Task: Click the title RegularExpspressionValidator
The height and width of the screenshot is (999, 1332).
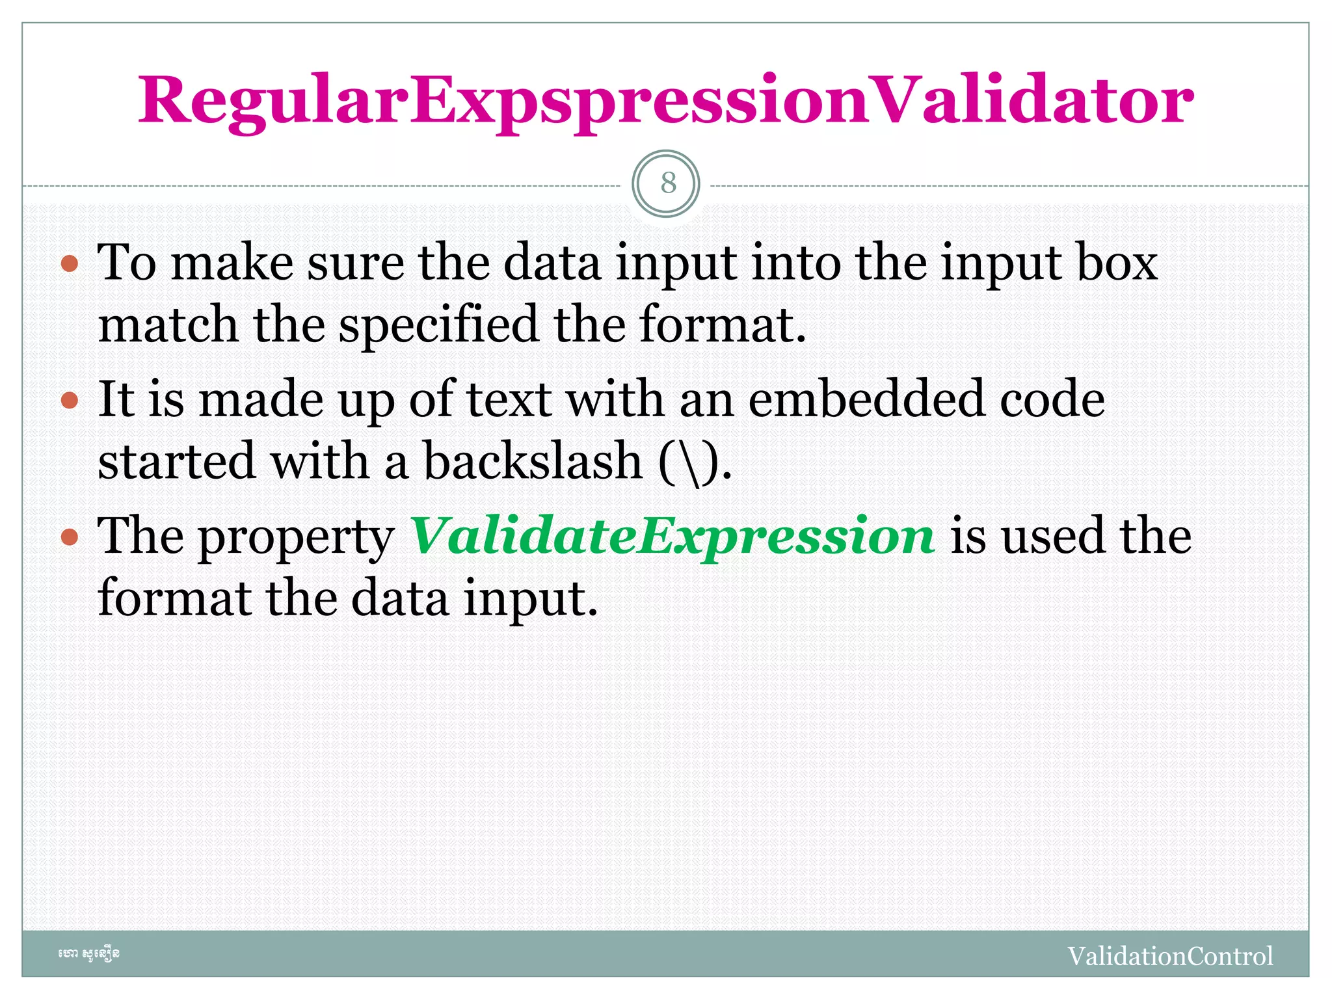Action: click(x=665, y=101)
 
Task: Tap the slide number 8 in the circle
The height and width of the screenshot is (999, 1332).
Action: click(x=667, y=183)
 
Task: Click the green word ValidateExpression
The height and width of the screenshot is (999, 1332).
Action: click(x=673, y=536)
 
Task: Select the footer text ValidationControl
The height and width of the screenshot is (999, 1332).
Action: click(x=1170, y=956)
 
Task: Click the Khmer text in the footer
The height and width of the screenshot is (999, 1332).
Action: click(x=89, y=954)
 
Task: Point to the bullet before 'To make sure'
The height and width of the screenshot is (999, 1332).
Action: click(x=70, y=264)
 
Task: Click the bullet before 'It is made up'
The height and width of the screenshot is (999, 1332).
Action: click(x=70, y=400)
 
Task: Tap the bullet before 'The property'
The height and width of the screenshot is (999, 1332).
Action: click(x=70, y=537)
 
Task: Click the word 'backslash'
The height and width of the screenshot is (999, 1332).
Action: click(x=533, y=460)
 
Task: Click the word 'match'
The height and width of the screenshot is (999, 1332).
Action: click(x=168, y=324)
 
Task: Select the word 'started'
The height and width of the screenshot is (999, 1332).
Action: click(x=176, y=460)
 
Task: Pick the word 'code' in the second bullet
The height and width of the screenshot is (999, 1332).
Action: click(x=1052, y=399)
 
